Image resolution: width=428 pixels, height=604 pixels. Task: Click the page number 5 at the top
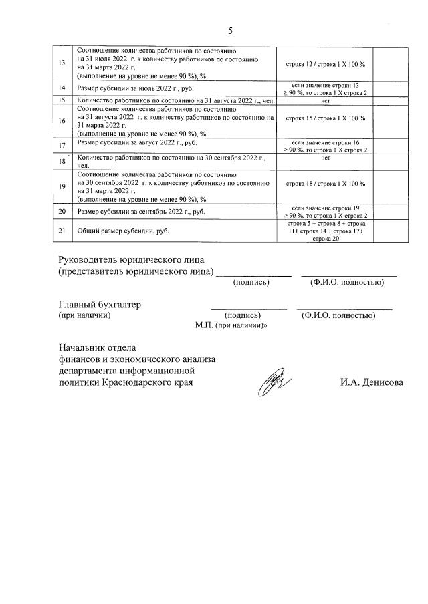(x=230, y=31)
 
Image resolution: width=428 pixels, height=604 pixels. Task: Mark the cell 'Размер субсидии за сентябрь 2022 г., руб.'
(x=140, y=212)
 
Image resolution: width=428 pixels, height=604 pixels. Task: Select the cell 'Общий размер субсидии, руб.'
(x=123, y=231)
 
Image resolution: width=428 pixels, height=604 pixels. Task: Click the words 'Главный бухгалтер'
(x=100, y=305)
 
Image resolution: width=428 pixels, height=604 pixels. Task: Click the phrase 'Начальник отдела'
(x=97, y=347)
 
